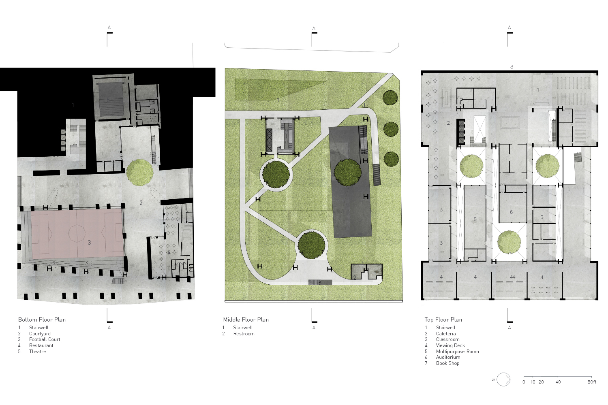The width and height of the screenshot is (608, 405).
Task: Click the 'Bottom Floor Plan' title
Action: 42,320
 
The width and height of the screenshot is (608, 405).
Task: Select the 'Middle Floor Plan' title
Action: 246,320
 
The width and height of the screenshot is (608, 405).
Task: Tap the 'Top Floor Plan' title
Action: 443,320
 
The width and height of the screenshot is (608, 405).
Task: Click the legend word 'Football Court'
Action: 45,339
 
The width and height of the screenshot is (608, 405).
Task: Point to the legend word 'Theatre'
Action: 37,351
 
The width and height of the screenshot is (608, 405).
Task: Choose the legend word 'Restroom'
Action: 244,334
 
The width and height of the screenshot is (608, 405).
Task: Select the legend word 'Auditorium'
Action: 448,357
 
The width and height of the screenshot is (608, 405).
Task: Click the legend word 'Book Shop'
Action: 447,363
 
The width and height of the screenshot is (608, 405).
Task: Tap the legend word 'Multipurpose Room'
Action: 457,351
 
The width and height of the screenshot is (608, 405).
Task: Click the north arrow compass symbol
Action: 503,379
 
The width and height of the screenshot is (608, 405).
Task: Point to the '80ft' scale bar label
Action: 592,382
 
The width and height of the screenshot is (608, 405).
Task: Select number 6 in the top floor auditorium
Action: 511,212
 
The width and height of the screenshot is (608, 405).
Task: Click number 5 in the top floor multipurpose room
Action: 475,220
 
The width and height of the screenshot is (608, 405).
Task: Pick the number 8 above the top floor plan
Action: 512,66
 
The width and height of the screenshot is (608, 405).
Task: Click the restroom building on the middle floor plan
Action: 367,272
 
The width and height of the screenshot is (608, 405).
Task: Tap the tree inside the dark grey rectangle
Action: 347,173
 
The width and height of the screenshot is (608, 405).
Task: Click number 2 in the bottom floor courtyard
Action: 141,202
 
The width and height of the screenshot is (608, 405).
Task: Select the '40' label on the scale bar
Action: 558,382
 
